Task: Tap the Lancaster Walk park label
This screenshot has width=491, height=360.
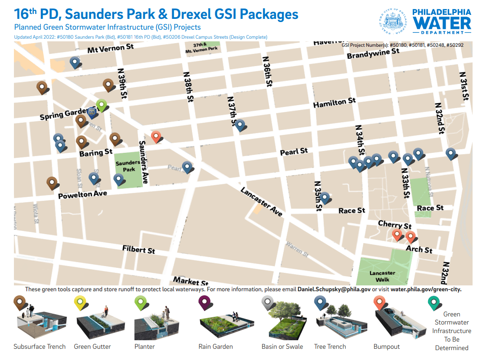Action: [x=382, y=276]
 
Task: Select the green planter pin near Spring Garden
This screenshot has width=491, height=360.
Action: [x=102, y=105]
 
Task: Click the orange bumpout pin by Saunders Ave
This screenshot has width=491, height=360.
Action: [x=156, y=136]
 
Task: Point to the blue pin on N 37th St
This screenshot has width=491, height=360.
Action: [x=240, y=124]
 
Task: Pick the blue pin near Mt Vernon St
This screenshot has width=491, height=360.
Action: [x=75, y=62]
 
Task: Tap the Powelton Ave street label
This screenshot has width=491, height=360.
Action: [x=83, y=194]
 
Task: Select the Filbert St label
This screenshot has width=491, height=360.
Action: [x=138, y=249]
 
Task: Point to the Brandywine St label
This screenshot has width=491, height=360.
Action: [x=373, y=53]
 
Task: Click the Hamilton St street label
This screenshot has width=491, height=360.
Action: [x=335, y=103]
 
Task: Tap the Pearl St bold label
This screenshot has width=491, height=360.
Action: [x=294, y=151]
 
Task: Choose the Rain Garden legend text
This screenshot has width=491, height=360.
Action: [x=216, y=347]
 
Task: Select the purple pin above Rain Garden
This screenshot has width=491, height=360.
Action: [x=205, y=304]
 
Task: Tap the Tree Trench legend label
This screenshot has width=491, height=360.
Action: [x=330, y=347]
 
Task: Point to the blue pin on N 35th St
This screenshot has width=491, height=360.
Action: [x=324, y=197]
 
